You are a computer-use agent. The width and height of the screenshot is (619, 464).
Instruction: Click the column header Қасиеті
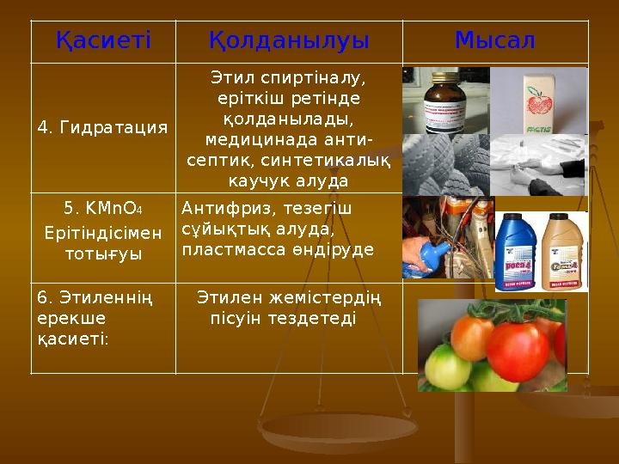click(x=102, y=40)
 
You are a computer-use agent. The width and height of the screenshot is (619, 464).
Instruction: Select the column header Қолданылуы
click(x=289, y=40)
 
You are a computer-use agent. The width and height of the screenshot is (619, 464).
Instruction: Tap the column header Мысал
click(x=494, y=40)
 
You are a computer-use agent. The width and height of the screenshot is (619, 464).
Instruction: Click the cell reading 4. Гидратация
click(x=102, y=128)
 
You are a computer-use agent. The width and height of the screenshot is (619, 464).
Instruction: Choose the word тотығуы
click(x=102, y=255)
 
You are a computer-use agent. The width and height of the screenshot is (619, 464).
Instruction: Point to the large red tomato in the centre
click(x=517, y=351)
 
